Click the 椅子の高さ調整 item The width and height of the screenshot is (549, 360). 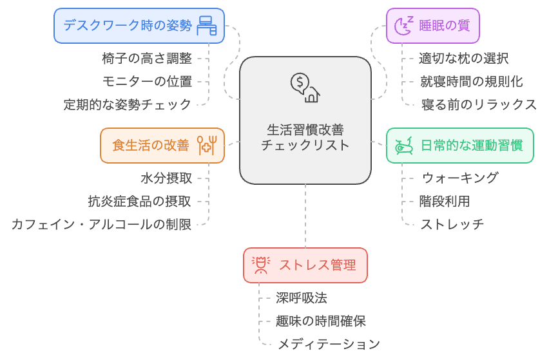pos(147,58)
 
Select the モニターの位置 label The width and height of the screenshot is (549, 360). pos(147,81)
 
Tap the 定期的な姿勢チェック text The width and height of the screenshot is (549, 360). pos(128,104)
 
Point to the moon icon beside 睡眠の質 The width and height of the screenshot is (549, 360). pos(403,26)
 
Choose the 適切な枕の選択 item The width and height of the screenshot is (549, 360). pos(464,58)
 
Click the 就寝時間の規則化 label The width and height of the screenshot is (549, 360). pos(471,81)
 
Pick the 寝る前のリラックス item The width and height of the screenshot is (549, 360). pos(479,104)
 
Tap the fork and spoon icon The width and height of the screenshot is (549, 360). pos(207,146)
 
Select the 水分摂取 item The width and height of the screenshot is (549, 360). pos(166,178)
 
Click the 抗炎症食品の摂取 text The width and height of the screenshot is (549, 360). pos(140,201)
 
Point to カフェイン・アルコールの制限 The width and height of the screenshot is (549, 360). pos(101,224)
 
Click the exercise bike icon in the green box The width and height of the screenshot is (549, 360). pos(403,146)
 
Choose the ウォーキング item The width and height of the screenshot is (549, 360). pos(460,178)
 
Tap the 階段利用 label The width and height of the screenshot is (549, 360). pos(445,201)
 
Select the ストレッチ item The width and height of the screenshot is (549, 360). pos(452,224)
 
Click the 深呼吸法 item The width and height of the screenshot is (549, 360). pos(302,298)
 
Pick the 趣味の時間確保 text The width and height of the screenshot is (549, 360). pos(321,321)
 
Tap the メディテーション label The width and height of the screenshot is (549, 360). pos(329,344)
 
